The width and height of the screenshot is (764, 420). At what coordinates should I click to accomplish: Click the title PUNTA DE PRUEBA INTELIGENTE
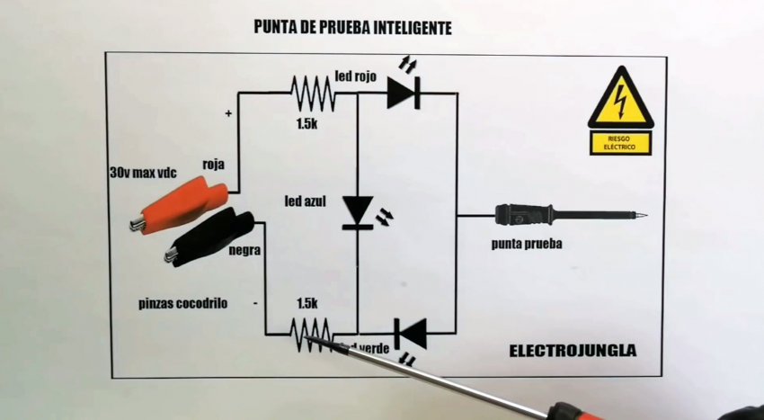[x=353, y=28]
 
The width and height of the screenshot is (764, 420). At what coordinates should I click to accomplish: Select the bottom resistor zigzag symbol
[x=310, y=332]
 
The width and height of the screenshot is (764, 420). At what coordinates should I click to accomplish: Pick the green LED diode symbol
[x=412, y=334]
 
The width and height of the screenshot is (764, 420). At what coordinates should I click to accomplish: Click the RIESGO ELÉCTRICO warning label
[x=620, y=141]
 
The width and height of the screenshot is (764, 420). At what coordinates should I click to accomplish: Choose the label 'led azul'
[x=304, y=198]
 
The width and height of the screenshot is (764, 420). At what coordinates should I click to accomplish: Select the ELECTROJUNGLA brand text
[x=573, y=350]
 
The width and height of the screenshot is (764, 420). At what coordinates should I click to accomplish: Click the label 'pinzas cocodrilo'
[x=183, y=303]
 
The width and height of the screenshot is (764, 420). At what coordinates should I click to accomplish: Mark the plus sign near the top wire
[x=228, y=114]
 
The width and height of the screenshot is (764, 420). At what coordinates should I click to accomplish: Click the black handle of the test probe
[x=524, y=215]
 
